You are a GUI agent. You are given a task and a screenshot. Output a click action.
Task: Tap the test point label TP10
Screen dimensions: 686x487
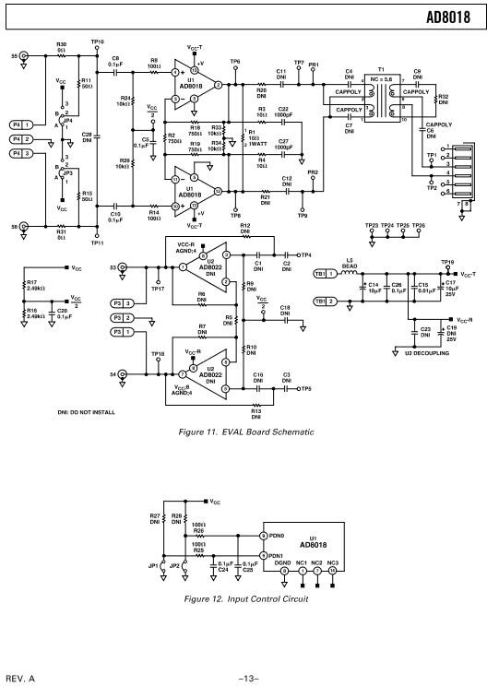pos(98,41)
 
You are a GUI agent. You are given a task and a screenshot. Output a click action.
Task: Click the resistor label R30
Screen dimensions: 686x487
pos(62,44)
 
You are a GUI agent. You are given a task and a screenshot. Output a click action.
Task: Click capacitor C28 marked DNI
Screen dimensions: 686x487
pos(87,137)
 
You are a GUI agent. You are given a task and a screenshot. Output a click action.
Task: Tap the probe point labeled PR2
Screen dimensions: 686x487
pos(313,172)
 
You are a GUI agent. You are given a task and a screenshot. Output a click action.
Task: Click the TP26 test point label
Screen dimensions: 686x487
pos(420,225)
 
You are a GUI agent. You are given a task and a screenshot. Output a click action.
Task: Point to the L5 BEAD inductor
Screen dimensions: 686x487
pos(350,266)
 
